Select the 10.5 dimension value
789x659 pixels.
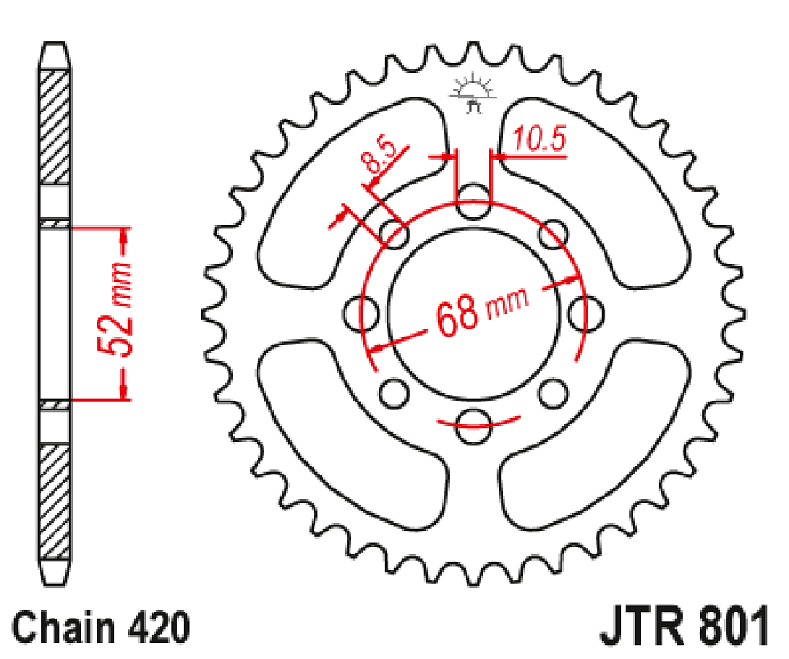coord(539,140)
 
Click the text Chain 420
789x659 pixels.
coord(101,629)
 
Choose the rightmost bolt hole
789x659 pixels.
coord(584,310)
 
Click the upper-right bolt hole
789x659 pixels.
coord(552,234)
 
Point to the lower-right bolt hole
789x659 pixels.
coord(552,389)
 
